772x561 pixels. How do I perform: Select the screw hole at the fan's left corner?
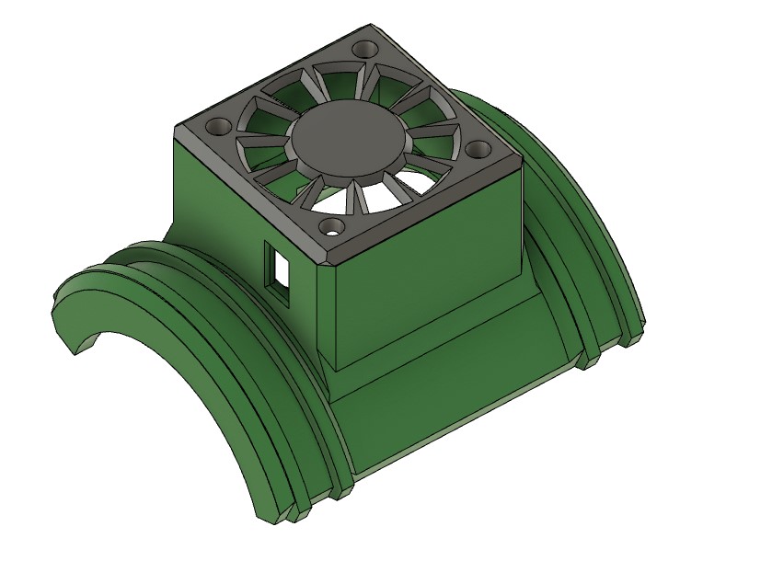218,125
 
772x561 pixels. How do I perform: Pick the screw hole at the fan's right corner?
477,146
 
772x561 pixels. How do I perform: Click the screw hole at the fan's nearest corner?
333,225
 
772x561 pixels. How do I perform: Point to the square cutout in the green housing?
279,267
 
